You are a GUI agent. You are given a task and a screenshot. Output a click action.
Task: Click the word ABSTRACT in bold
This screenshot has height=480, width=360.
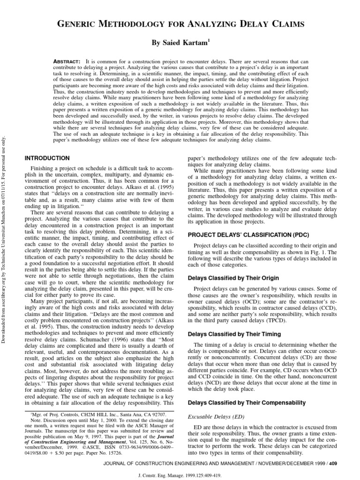click(x=66, y=62)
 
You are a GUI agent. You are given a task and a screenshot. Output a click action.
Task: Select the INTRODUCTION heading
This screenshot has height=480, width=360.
click(x=47, y=158)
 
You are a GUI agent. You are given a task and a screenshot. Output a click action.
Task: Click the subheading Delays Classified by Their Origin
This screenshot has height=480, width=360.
click(x=240, y=278)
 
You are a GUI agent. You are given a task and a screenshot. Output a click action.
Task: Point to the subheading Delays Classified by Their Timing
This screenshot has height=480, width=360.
click(x=240, y=334)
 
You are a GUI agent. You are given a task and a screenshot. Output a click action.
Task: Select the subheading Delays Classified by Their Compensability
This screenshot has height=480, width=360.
click(x=247, y=403)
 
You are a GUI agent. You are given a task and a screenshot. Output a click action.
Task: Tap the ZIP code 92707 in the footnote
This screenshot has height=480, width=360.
click(x=158, y=415)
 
